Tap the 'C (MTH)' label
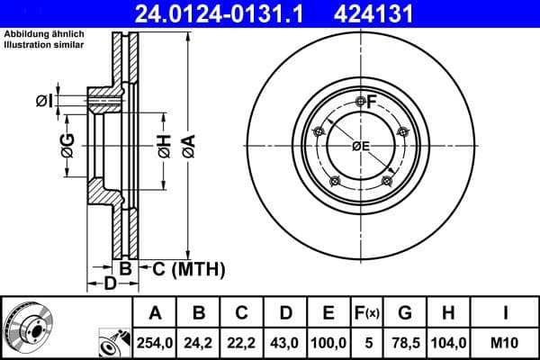click(187, 269)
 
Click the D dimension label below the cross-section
click(109, 285)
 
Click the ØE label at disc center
click(361, 146)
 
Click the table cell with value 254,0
click(155, 342)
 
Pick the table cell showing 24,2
click(200, 342)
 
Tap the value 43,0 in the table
click(285, 342)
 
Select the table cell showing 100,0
click(328, 342)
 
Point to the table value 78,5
click(406, 342)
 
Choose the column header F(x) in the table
click(367, 313)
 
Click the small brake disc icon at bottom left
click(27, 328)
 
